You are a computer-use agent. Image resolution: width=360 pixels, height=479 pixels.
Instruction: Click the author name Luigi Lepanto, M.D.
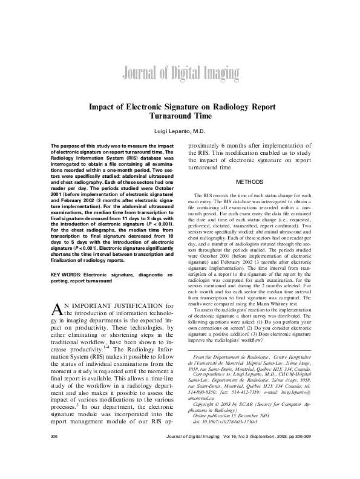(x=179, y=131)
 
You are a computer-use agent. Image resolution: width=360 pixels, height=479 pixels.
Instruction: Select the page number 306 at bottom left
(x=54, y=452)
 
